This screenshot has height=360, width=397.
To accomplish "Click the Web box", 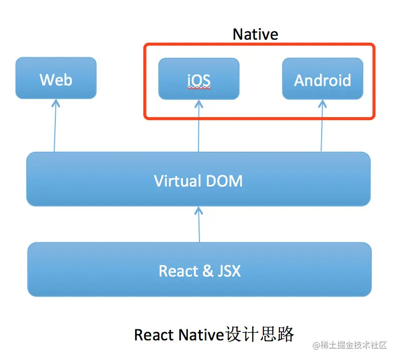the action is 56,78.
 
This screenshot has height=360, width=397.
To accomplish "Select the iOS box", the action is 198,79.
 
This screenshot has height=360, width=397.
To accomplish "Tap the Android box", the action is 322,79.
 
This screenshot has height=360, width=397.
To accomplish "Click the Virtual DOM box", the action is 198,179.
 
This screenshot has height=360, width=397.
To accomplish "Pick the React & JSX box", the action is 200,270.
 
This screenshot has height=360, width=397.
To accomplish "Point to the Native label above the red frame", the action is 255,34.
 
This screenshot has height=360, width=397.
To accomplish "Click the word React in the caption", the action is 154,335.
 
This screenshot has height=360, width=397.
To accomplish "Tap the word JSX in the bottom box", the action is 229,272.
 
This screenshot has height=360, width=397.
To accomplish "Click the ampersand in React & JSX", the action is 207,272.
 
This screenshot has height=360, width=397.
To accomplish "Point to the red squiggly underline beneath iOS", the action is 198,87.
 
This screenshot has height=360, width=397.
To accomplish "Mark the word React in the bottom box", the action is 178,272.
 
